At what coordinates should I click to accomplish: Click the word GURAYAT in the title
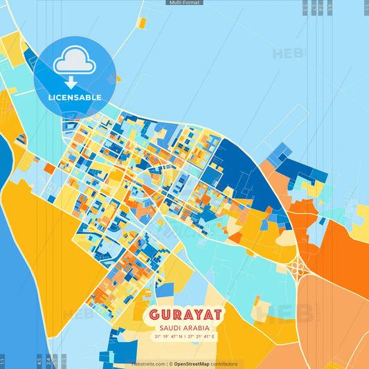pyautogui.click(x=184, y=315)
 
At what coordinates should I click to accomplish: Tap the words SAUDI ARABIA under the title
pyautogui.click(x=184, y=327)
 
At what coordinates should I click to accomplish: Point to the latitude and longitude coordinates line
pyautogui.click(x=184, y=336)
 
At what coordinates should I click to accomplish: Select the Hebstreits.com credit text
pyautogui.click(x=148, y=363)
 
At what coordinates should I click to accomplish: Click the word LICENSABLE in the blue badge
pyautogui.click(x=75, y=98)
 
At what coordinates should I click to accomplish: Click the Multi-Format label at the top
pyautogui.click(x=184, y=3)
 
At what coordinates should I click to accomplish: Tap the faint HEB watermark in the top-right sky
pyautogui.click(x=288, y=53)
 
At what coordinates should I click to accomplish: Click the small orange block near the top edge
pyautogui.click(x=141, y=23)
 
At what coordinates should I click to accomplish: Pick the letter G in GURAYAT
pyautogui.click(x=153, y=315)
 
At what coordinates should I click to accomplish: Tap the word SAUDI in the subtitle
pyautogui.click(x=169, y=327)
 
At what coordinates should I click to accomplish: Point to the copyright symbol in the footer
pyautogui.click(x=170, y=363)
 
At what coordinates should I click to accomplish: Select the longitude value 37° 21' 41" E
pyautogui.click(x=201, y=336)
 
